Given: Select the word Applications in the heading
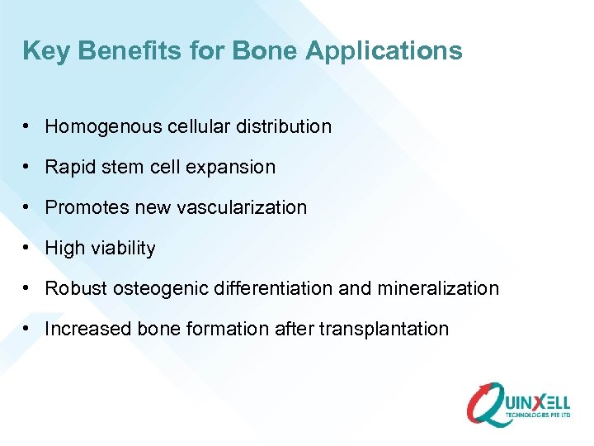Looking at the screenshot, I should pyautogui.click(x=384, y=51).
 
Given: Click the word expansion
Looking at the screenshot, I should pyautogui.click(x=236, y=168).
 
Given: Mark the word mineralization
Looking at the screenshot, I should pyautogui.click(x=438, y=289).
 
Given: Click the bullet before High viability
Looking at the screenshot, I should pyautogui.click(x=28, y=249).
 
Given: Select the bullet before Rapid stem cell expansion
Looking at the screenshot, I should pyautogui.click(x=28, y=168).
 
